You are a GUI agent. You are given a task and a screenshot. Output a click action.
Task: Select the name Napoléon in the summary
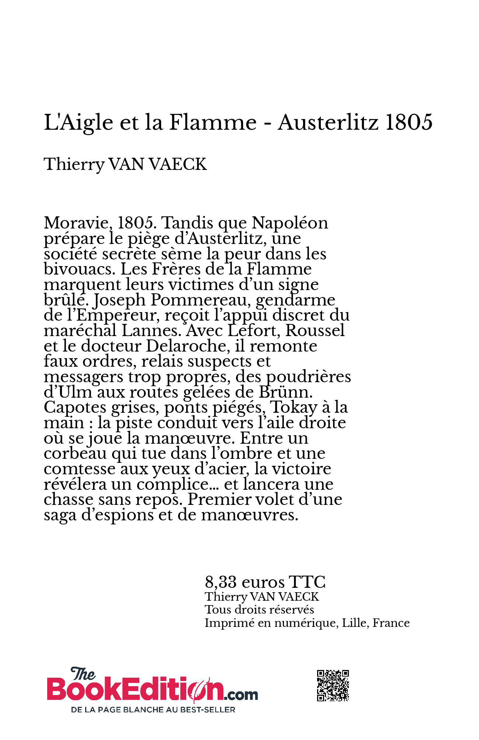point(290,223)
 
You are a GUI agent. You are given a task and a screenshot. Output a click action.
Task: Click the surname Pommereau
point(202,300)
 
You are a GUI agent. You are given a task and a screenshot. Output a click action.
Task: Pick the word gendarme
point(295,301)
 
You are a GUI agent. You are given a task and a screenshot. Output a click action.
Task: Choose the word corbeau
point(75,454)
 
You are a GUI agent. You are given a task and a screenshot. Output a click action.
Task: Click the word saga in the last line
point(59,516)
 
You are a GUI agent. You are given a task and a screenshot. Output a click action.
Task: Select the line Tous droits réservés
point(259,610)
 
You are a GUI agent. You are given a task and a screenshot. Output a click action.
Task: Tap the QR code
point(333,685)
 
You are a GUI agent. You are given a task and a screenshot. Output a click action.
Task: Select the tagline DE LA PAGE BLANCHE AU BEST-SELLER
point(153,710)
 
